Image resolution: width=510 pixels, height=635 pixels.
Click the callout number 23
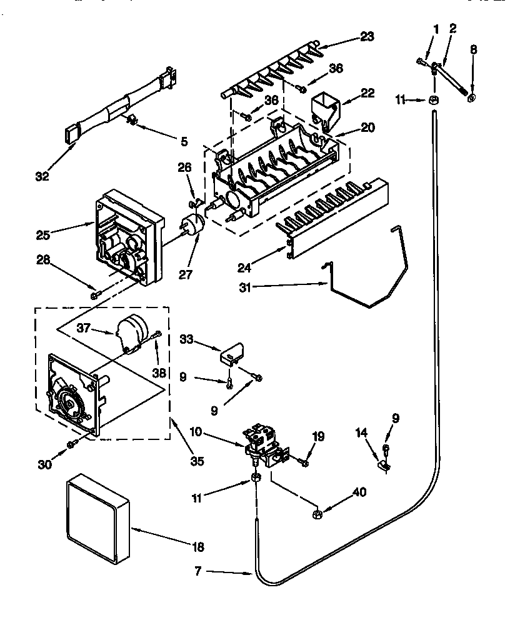pos(367,37)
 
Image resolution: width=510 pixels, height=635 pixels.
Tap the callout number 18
pos(198,547)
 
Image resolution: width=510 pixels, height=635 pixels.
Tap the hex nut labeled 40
pos(317,514)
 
